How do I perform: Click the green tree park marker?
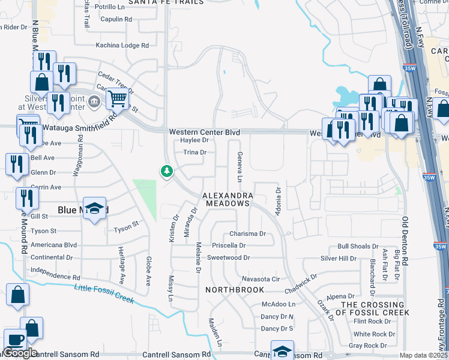coord(166,172)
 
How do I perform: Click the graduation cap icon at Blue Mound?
coord(95,208)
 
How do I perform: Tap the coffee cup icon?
coord(15,340)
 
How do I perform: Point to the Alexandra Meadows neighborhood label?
coord(226,200)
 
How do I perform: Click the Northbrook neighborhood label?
coord(235,290)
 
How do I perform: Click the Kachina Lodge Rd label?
coord(122,46)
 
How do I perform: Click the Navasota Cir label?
coord(261,279)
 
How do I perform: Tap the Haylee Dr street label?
coord(194,140)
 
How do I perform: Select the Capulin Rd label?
coord(116,19)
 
